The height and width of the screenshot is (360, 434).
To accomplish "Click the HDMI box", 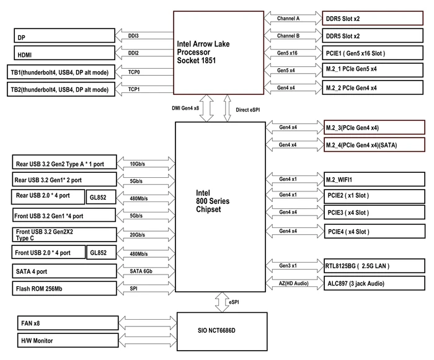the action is tap(64, 53).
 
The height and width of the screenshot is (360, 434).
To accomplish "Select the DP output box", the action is tap(64, 36).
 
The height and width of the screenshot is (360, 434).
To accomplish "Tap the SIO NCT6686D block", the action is tap(222, 331).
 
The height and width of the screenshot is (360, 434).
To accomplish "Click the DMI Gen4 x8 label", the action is tap(185, 108).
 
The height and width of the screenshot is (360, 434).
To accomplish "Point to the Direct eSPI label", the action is tap(248, 110).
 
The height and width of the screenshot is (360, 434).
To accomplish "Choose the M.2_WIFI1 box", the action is tap(374, 179).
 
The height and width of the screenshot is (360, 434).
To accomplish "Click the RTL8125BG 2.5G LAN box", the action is tap(374, 266).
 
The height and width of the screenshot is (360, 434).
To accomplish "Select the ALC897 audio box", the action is tap(374, 283).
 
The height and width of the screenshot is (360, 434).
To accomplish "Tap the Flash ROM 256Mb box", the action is tap(64, 288).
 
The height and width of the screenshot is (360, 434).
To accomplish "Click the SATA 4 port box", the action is tap(64, 271).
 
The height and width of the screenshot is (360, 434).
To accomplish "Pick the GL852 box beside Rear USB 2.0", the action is tap(100, 197).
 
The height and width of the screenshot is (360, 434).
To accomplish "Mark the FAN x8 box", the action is tap(68, 323).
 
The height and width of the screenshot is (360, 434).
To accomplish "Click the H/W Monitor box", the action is tap(68, 340).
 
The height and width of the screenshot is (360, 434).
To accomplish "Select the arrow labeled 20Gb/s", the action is tap(146, 235).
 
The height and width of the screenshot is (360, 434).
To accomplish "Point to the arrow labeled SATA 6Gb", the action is tap(146, 271).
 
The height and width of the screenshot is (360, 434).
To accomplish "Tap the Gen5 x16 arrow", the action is tap(293, 53).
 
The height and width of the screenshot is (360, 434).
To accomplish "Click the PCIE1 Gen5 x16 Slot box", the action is tap(373, 53).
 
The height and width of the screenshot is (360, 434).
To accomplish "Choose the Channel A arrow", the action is tap(293, 18).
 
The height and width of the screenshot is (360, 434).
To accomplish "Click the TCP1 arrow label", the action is tap(134, 89).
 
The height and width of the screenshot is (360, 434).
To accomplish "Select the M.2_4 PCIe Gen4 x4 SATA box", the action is tap(374, 145).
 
